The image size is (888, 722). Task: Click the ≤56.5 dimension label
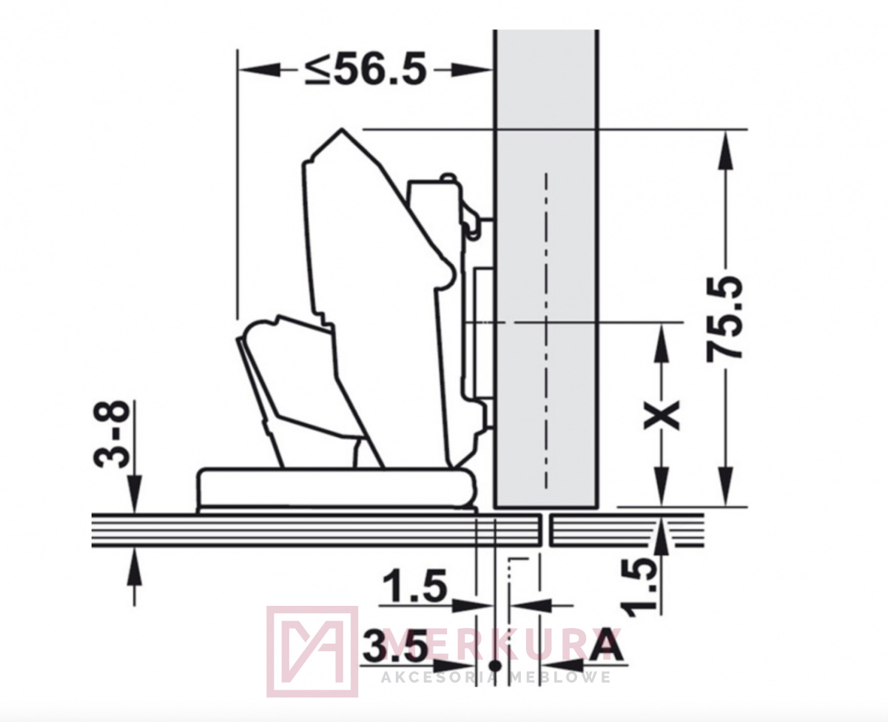366,68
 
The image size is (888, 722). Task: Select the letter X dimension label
662,414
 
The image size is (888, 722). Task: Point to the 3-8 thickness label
110,433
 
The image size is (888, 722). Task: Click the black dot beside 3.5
495,667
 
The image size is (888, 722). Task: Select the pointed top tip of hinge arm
342,129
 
